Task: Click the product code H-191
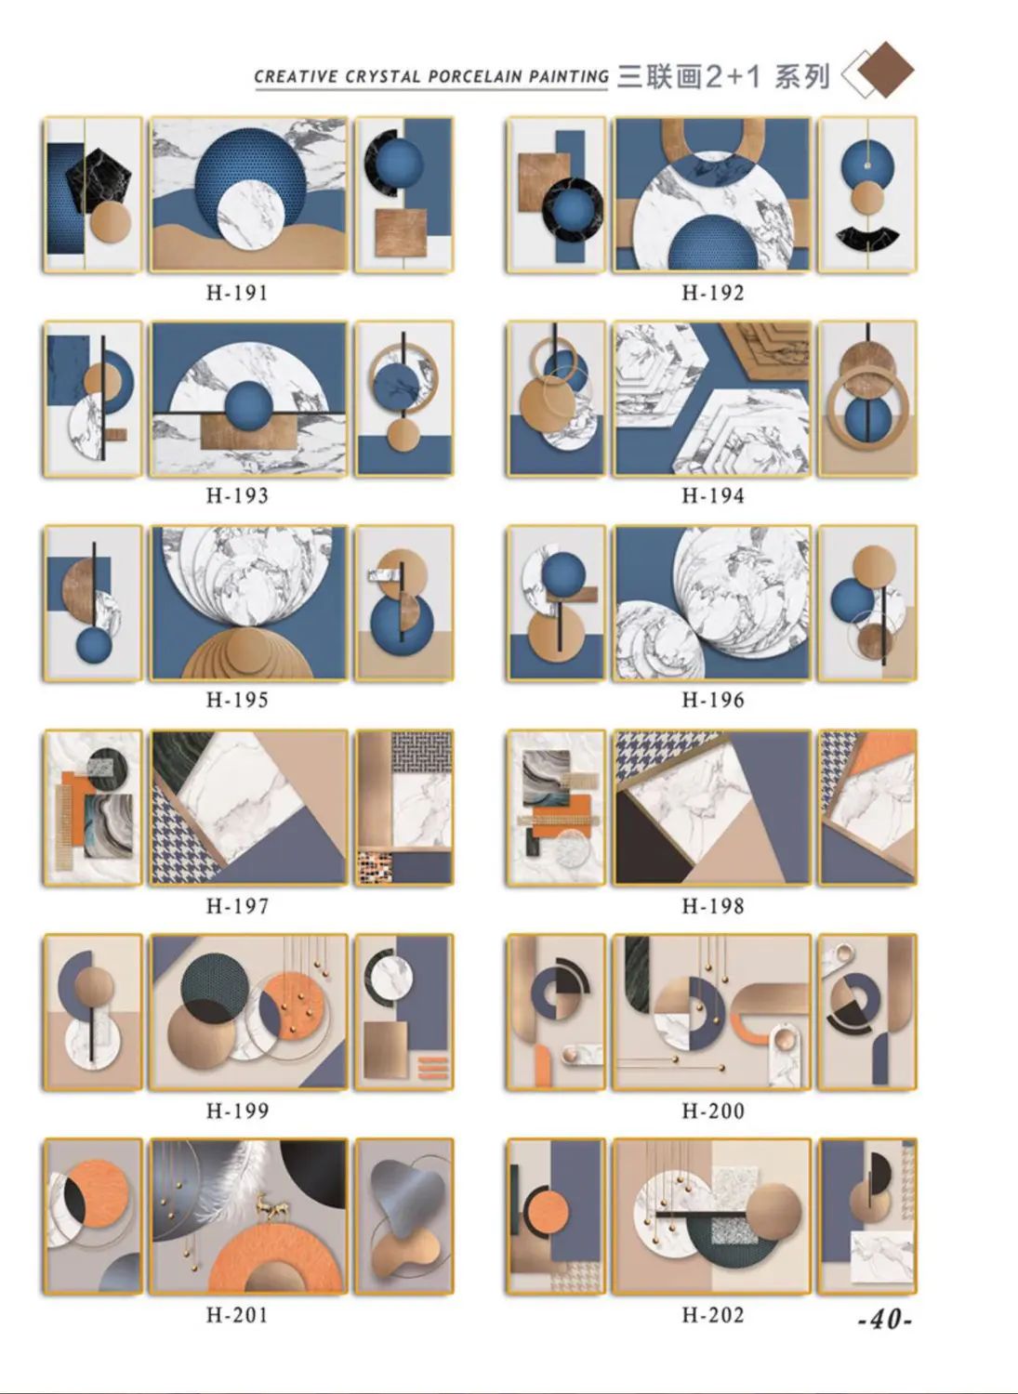[x=237, y=293]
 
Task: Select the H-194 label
[x=713, y=496]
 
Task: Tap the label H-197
[x=237, y=906]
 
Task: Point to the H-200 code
[x=713, y=1111]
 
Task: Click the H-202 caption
[x=713, y=1315]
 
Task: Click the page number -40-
[x=885, y=1320]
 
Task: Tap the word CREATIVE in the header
[x=296, y=77]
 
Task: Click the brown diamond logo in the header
[x=885, y=71]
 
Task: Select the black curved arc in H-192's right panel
[x=867, y=238]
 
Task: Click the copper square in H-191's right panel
[x=401, y=232]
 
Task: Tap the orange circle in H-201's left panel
[x=98, y=1194]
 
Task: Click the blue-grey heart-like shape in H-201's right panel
[x=403, y=1198]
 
